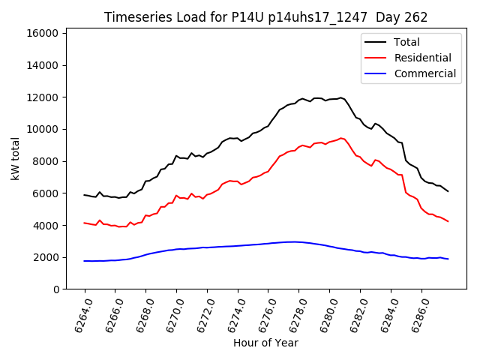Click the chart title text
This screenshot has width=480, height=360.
265,17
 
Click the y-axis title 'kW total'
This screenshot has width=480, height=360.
16,159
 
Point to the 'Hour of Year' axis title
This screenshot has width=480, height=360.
265,343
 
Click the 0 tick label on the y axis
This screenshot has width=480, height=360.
56,289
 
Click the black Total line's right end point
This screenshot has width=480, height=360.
448,191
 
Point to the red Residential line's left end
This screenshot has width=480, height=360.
85,222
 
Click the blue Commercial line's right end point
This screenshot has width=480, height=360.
448,259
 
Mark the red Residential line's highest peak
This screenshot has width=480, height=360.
341,138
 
